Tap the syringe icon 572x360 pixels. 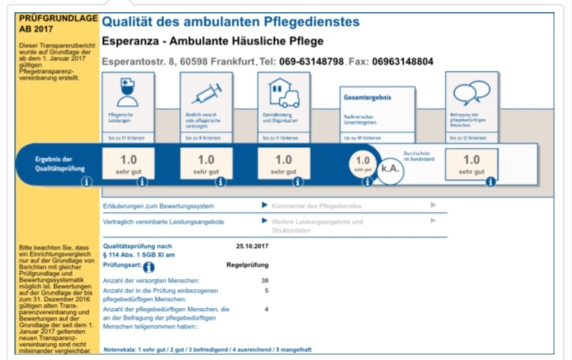pos(205,94)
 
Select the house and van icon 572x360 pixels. pos(283,93)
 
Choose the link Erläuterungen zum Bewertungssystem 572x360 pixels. pos(159,206)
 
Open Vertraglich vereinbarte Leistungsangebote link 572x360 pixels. pos(163,221)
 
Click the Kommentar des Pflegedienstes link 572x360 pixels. pos(316,206)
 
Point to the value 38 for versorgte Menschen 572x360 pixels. pos(264,281)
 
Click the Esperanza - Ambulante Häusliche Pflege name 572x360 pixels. pos(213,41)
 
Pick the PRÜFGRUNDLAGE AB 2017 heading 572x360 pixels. pos(47,21)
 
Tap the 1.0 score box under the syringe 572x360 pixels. pos(206,163)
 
